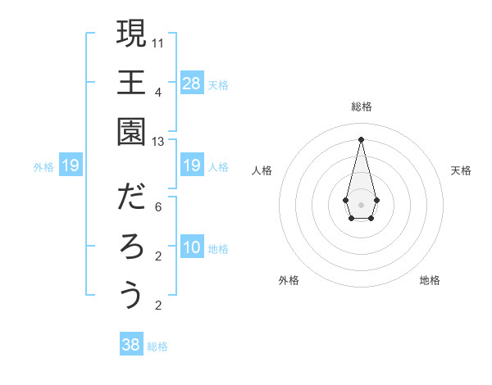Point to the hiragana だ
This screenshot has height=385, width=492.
pyautogui.click(x=131, y=197)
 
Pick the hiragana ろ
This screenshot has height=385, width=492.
pyautogui.click(x=131, y=246)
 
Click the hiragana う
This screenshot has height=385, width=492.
pyautogui.click(x=131, y=295)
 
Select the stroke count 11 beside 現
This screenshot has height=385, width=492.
pyautogui.click(x=158, y=42)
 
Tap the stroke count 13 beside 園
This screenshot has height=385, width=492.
pyautogui.click(x=158, y=142)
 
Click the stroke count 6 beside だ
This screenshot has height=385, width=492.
pyautogui.click(x=158, y=207)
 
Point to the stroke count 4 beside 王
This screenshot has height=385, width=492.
pyautogui.click(x=158, y=92)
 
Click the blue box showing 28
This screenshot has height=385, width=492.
pyautogui.click(x=192, y=83)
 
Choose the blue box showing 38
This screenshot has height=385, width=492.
pyautogui.click(x=131, y=345)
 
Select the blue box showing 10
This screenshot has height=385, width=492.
pyautogui.click(x=192, y=248)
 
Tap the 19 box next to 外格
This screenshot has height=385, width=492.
pyautogui.click(x=71, y=166)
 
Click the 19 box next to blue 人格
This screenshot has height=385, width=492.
pyautogui.click(x=192, y=166)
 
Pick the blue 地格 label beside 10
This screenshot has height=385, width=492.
pyautogui.click(x=218, y=249)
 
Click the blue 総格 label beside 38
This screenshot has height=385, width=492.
pyautogui.click(x=157, y=346)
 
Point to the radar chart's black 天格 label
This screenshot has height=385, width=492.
pyautogui.click(x=462, y=170)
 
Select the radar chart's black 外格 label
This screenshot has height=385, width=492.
pyautogui.click(x=289, y=280)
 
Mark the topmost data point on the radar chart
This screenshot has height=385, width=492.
pyautogui.click(x=361, y=138)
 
